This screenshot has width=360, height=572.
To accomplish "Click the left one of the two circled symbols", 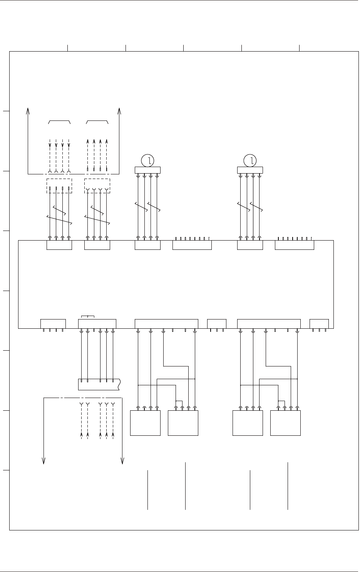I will (x=147, y=161).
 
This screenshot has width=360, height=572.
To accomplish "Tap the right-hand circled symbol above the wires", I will (x=250, y=161).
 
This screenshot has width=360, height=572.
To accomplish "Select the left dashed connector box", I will (x=59, y=186).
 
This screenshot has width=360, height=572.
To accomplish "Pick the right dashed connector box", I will (x=97, y=186).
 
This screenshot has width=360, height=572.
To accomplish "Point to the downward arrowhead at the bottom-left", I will (x=44, y=460).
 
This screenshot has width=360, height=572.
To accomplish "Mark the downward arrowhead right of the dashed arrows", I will (x=122, y=460).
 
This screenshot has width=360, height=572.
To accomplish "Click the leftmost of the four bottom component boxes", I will (x=145, y=423).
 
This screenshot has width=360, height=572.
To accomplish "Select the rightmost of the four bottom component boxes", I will (x=285, y=423).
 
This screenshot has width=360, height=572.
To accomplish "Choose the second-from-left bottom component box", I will (x=183, y=423).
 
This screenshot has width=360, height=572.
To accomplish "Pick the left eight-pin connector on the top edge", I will (x=192, y=245).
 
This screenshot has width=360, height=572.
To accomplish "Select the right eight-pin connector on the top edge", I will (x=294, y=245).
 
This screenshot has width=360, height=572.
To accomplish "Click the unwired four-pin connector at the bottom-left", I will (x=53, y=324).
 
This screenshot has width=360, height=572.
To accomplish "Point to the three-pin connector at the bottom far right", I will (x=319, y=324).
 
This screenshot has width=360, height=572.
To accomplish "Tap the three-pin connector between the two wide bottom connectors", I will (x=216, y=324).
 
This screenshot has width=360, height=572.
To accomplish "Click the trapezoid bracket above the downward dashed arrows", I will (x=59, y=122).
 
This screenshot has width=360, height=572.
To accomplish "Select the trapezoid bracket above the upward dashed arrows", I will (x=97, y=122).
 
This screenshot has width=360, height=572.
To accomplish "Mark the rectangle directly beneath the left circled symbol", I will (x=147, y=170).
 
